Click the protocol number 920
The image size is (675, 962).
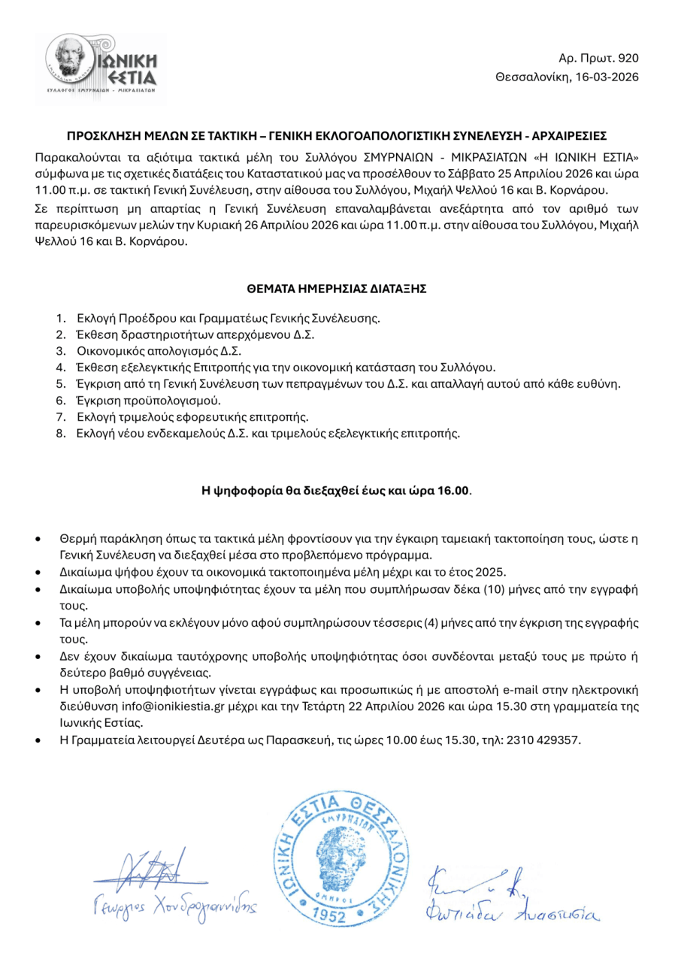pos(628,58)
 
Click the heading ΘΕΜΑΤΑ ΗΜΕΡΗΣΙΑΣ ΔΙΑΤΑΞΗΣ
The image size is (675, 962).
pos(337,289)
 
